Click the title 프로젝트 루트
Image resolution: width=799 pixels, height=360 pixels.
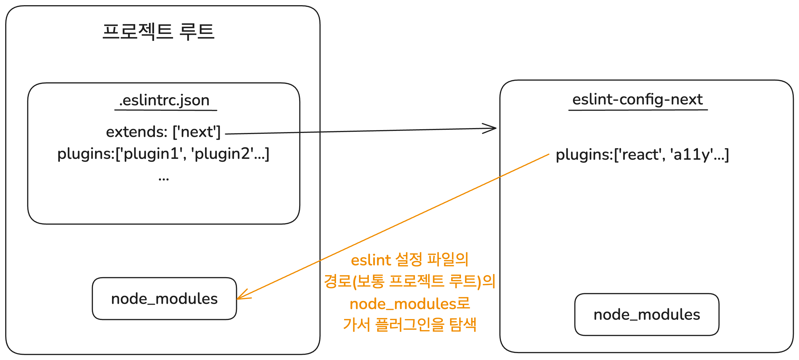click(158, 31)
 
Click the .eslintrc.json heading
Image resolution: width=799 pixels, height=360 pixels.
click(164, 100)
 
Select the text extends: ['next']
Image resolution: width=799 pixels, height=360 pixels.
click(163, 132)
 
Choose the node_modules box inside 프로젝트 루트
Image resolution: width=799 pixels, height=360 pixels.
click(164, 299)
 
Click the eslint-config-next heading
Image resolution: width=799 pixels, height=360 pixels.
click(637, 100)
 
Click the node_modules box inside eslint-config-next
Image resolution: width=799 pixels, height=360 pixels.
click(647, 315)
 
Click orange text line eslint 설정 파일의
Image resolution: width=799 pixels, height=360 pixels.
click(409, 260)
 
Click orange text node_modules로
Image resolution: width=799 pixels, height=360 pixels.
click(409, 304)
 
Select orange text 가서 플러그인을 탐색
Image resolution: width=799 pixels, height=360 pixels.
click(409, 325)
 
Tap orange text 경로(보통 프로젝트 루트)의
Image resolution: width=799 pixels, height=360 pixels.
click(409, 281)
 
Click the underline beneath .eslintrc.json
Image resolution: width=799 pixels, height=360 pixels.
click(166, 110)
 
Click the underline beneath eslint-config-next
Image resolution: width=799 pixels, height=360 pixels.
click(638, 110)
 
